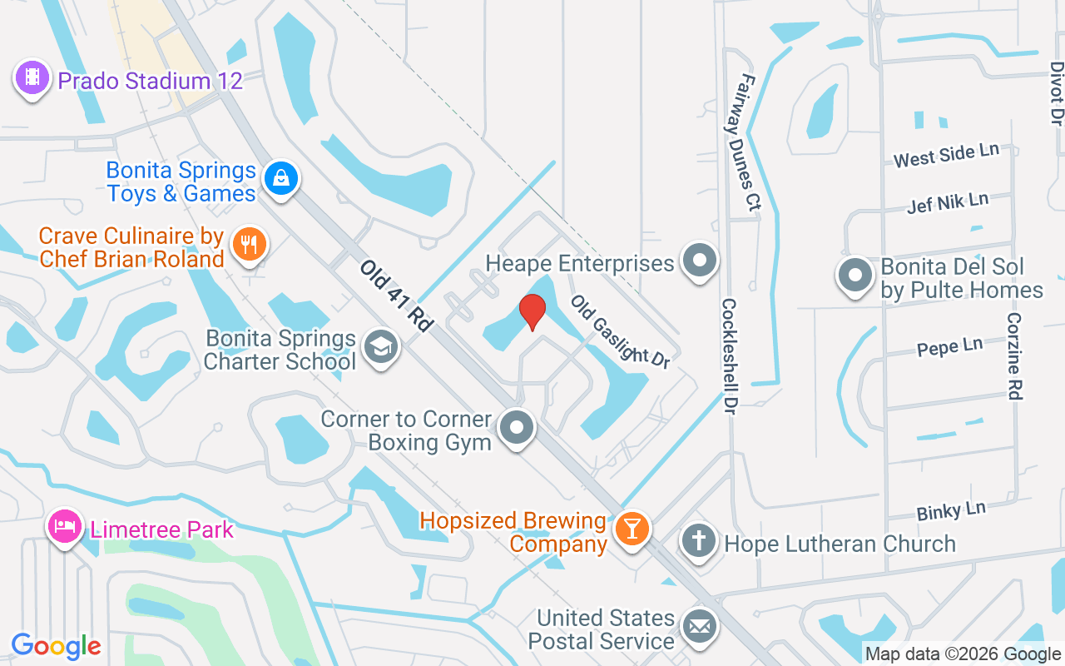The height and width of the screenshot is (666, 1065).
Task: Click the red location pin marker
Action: pos(532,312)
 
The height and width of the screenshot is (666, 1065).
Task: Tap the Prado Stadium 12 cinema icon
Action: pos(32,78)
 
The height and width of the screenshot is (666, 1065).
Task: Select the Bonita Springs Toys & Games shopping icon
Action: pos(282,178)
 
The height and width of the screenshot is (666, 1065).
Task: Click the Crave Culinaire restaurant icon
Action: pos(249,245)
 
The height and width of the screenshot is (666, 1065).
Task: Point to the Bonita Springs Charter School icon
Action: pos(382,348)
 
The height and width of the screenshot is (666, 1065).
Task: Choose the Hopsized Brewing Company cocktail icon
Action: pos(632,529)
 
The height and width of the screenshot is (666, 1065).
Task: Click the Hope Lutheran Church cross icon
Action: pos(699,541)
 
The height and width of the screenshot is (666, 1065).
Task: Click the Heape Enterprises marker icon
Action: pos(700,261)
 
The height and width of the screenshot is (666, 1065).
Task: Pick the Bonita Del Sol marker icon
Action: pos(854,276)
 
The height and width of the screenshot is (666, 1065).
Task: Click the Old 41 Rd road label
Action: pos(397,296)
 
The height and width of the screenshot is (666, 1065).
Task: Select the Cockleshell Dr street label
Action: pos(730,351)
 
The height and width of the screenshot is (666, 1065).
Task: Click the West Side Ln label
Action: pos(946,154)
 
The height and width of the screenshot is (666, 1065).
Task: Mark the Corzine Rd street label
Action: pos(1013,355)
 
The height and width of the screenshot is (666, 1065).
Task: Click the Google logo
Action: pos(57,645)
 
